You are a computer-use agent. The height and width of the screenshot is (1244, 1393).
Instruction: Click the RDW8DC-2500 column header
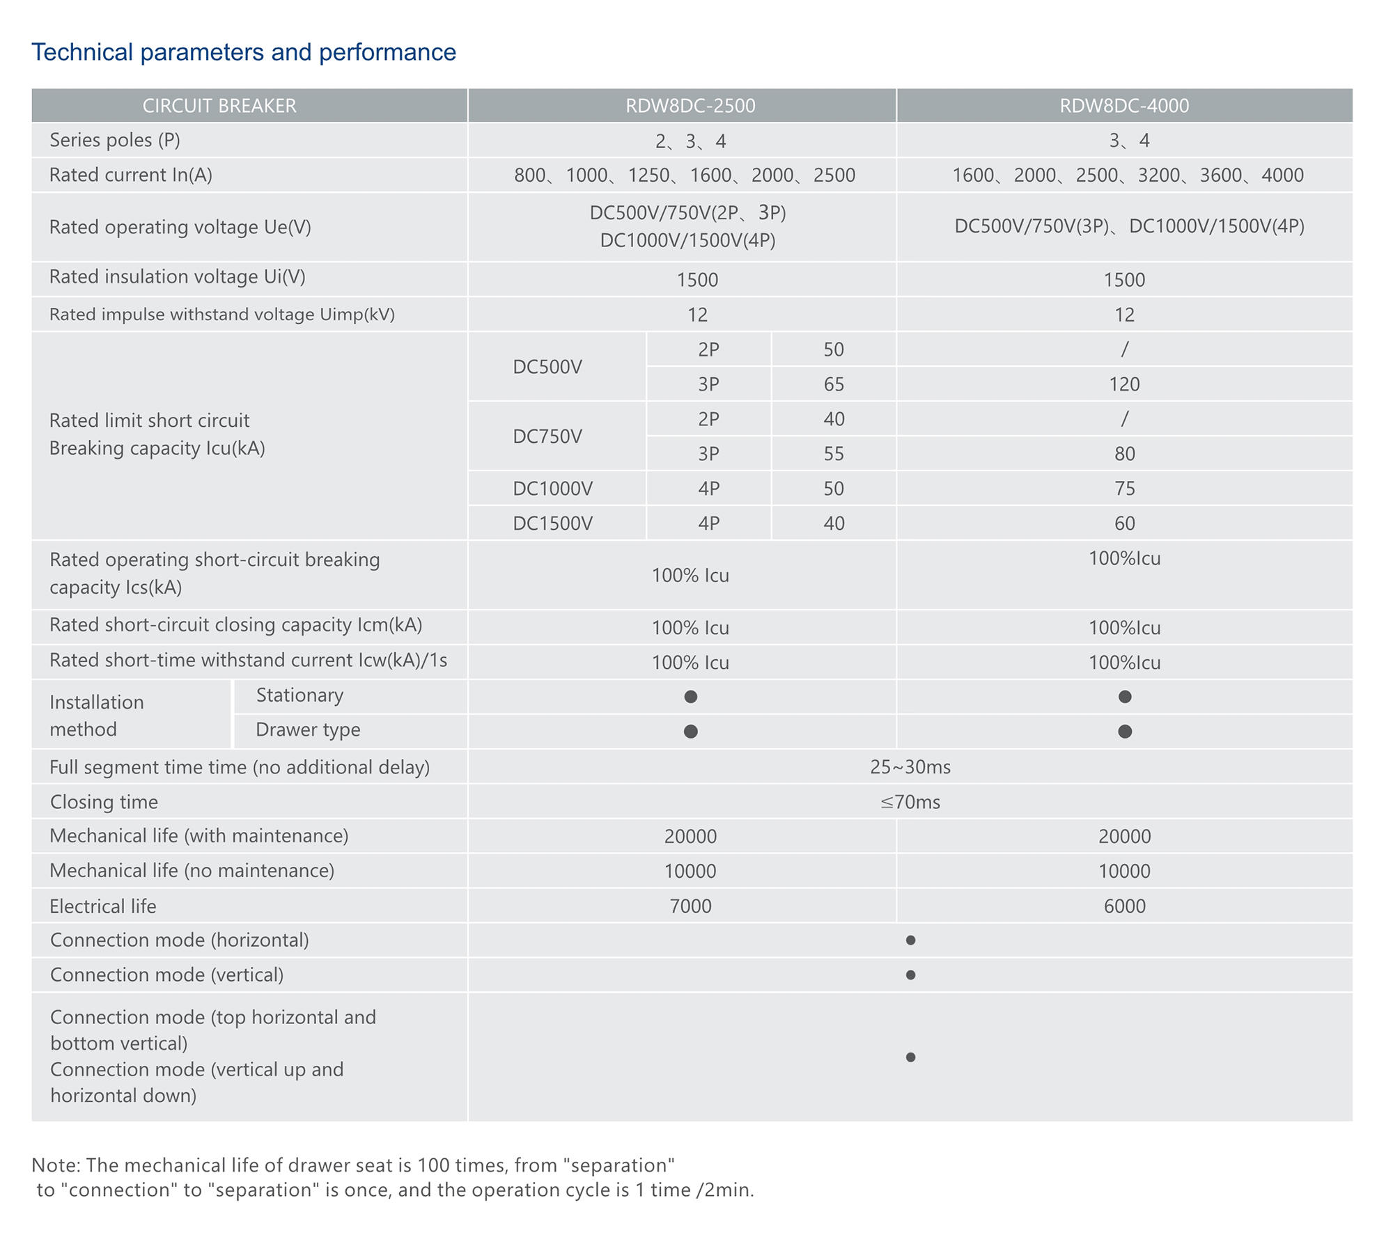(x=690, y=106)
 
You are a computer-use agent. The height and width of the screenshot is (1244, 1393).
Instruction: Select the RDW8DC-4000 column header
(x=1124, y=106)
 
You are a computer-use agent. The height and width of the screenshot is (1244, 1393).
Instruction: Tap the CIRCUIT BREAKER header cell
(x=219, y=106)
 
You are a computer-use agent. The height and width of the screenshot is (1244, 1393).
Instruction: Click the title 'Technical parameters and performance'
(x=244, y=52)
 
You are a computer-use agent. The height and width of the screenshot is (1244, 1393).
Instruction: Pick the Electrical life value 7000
(x=690, y=906)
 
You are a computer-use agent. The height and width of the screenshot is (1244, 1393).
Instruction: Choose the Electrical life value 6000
(x=1124, y=906)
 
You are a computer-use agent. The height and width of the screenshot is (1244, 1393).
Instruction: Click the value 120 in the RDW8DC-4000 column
(x=1124, y=384)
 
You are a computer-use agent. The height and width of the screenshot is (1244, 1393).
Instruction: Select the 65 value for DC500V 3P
(x=834, y=384)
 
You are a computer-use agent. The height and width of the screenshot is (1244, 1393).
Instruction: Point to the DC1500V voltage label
(x=552, y=523)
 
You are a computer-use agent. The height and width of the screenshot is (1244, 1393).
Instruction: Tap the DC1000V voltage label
(x=552, y=489)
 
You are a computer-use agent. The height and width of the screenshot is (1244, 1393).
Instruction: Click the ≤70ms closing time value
(x=910, y=802)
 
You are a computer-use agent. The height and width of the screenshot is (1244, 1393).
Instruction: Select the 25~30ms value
(x=910, y=767)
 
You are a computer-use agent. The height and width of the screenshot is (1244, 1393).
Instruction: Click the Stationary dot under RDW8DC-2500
(x=690, y=697)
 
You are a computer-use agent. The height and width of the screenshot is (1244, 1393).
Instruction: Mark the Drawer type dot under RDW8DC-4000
(x=1124, y=732)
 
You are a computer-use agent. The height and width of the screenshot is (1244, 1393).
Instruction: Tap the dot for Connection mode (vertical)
(x=910, y=975)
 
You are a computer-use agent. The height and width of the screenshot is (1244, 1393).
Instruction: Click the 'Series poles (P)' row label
(x=115, y=141)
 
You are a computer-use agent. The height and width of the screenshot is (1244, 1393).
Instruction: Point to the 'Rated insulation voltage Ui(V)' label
(x=178, y=277)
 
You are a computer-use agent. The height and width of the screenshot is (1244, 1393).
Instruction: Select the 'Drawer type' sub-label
(x=308, y=730)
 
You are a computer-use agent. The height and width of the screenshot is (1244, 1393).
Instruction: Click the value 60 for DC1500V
(x=1124, y=523)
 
